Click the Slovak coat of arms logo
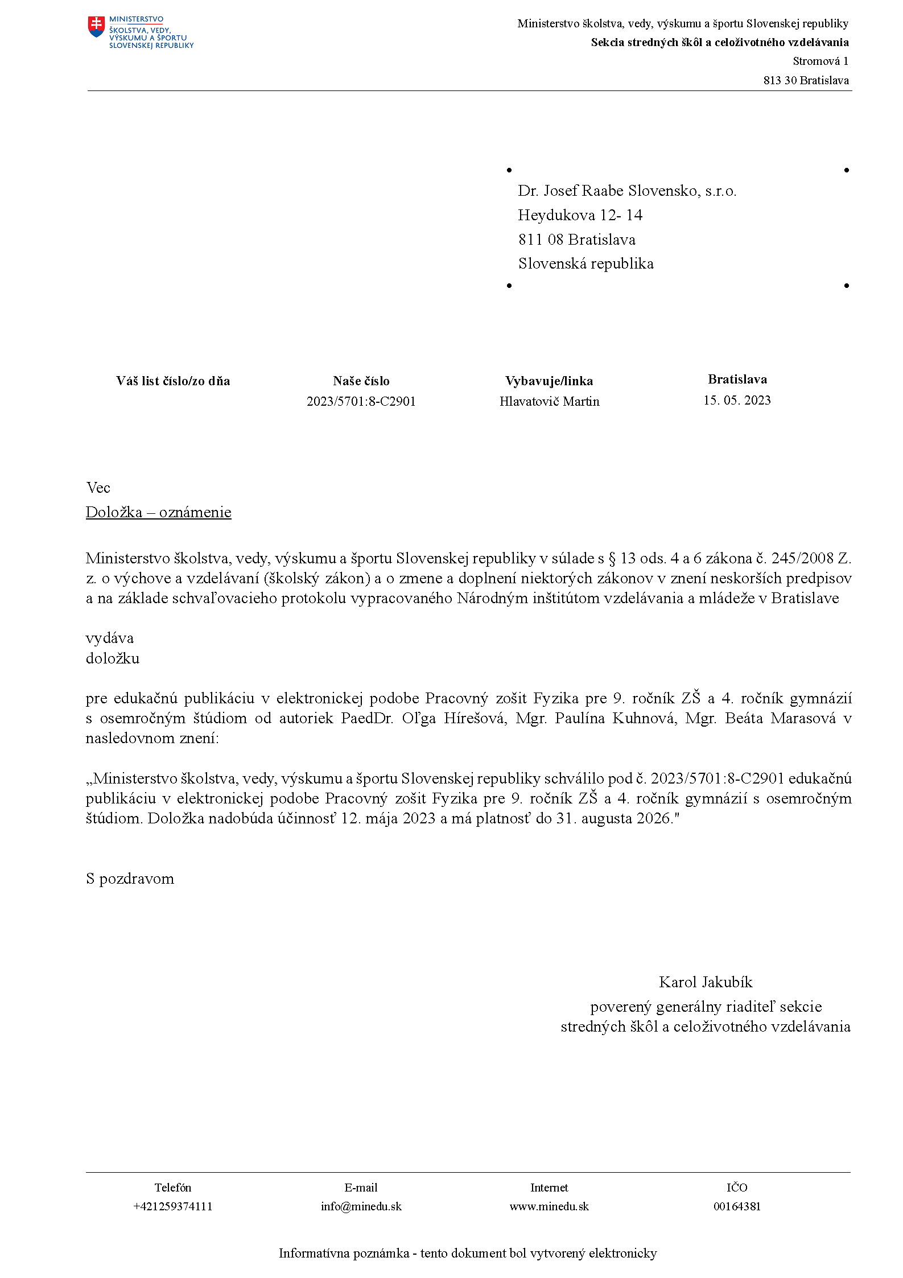click(97, 27)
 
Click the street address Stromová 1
click(820, 61)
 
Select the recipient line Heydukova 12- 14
click(580, 215)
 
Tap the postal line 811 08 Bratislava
click(576, 240)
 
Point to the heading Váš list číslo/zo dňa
click(173, 381)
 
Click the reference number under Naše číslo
click(361, 401)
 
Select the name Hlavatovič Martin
click(549, 401)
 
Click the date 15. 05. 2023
click(737, 400)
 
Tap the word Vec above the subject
click(98, 488)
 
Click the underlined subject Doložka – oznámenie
click(158, 512)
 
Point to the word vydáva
click(109, 638)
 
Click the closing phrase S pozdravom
click(130, 879)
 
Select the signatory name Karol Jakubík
click(706, 982)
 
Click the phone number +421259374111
click(172, 1206)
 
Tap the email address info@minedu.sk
click(361, 1206)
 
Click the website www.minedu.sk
click(549, 1206)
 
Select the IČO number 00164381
click(737, 1206)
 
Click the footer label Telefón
click(172, 1188)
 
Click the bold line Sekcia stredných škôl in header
click(719, 43)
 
